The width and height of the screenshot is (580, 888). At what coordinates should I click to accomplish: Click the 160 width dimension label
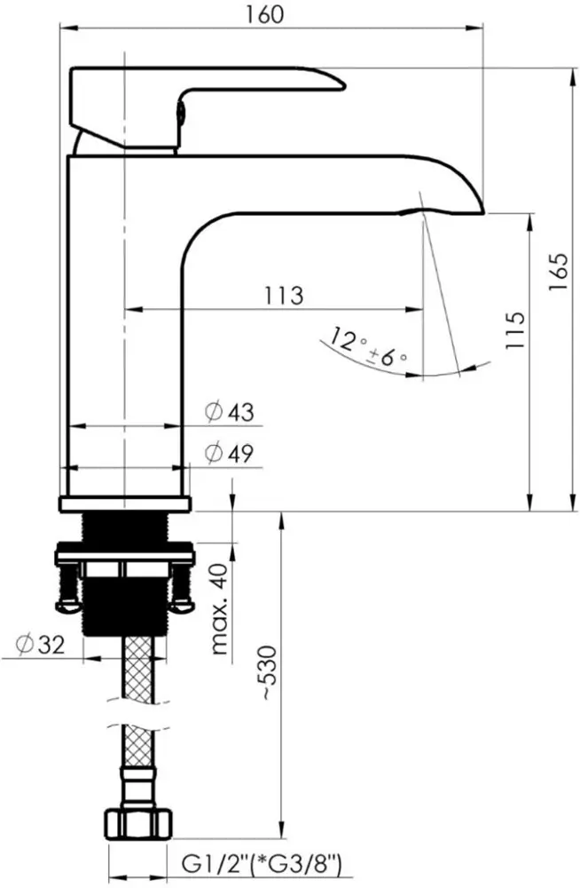pos(264,14)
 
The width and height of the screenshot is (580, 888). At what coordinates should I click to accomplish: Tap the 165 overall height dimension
pos(557,272)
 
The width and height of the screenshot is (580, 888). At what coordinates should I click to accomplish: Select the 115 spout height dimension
pos(514,330)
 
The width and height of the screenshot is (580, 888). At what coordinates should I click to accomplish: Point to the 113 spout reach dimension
pos(284,296)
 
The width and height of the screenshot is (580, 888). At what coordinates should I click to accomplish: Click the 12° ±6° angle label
pos(368,346)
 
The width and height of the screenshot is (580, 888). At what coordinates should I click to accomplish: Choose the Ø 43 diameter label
pos(230,412)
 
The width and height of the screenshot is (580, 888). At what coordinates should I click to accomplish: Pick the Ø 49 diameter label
pos(230,453)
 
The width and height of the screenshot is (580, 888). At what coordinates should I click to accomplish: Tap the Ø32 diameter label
pos(40,645)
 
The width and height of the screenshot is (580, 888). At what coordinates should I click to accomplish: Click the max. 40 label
pos(220,609)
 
